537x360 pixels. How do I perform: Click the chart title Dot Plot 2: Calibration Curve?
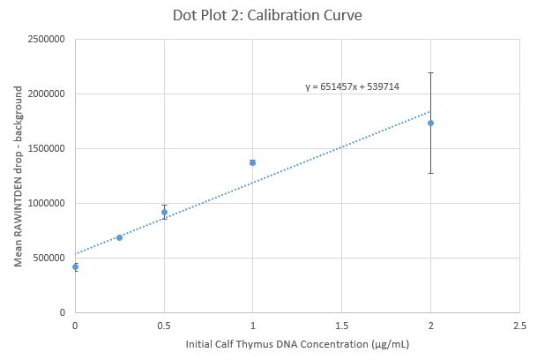tap(268, 16)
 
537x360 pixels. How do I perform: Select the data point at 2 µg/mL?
tap(430, 123)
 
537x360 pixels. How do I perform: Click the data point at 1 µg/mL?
tap(252, 162)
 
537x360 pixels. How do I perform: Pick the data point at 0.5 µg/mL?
tap(164, 212)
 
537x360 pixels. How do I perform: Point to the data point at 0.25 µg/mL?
tap(119, 237)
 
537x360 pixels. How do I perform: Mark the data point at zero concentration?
tap(75, 266)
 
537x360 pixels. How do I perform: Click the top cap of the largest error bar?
tap(430, 72)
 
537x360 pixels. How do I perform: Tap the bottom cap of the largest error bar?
tap(430, 173)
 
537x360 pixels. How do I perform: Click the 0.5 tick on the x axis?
tap(164, 325)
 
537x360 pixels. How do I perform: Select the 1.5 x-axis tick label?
tap(341, 325)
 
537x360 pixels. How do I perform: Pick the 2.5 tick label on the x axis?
tap(518, 325)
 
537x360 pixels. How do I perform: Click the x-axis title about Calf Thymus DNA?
tap(296, 343)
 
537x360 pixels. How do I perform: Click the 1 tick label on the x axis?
tap(252, 325)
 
